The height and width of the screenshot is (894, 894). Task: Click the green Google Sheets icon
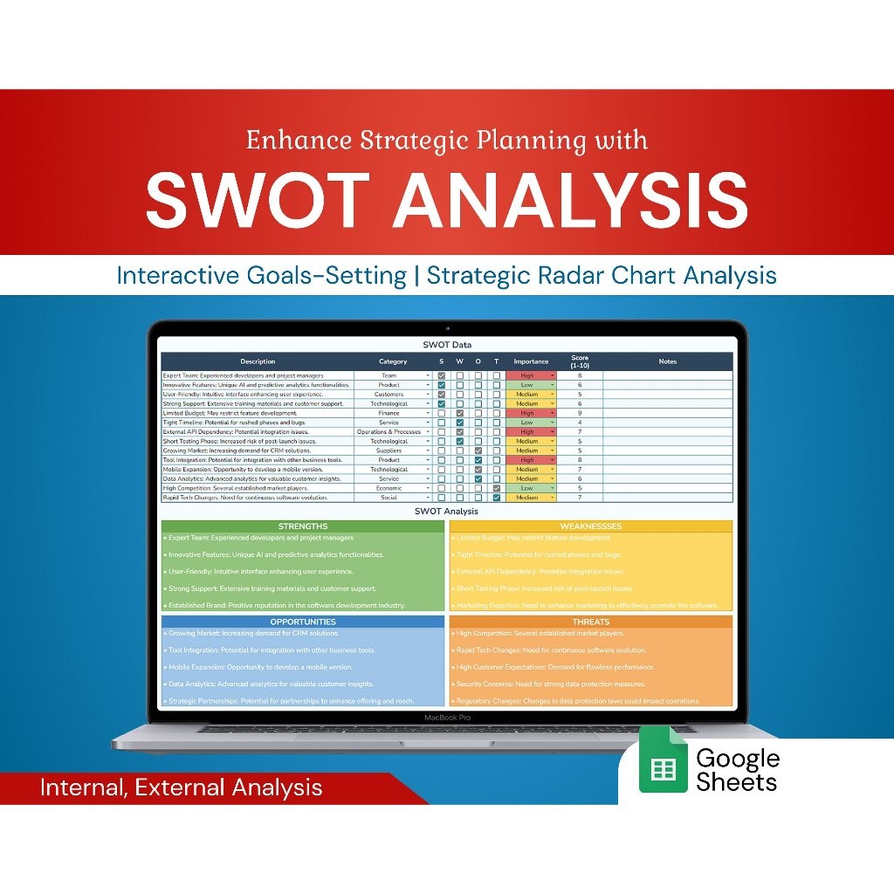click(x=663, y=768)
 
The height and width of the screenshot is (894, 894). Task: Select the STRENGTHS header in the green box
click(x=303, y=526)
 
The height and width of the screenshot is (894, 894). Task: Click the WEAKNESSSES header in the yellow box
click(x=591, y=526)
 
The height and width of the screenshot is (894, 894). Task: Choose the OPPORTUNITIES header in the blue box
click(x=303, y=622)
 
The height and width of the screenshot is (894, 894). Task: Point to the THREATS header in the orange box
click(x=591, y=622)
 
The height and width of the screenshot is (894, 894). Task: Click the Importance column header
click(x=531, y=361)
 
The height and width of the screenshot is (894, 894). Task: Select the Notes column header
click(x=667, y=361)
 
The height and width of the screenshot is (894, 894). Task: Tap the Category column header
click(x=393, y=361)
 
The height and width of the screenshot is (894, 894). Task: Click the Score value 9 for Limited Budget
click(x=580, y=413)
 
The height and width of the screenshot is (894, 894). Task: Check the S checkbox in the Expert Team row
click(x=442, y=375)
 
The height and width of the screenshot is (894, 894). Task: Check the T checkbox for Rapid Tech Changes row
click(x=496, y=498)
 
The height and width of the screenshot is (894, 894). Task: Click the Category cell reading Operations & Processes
click(x=389, y=432)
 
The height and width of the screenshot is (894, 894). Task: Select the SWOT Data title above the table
click(x=447, y=345)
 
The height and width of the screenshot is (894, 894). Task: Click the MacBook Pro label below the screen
click(x=447, y=717)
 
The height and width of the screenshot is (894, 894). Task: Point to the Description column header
click(x=258, y=361)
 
